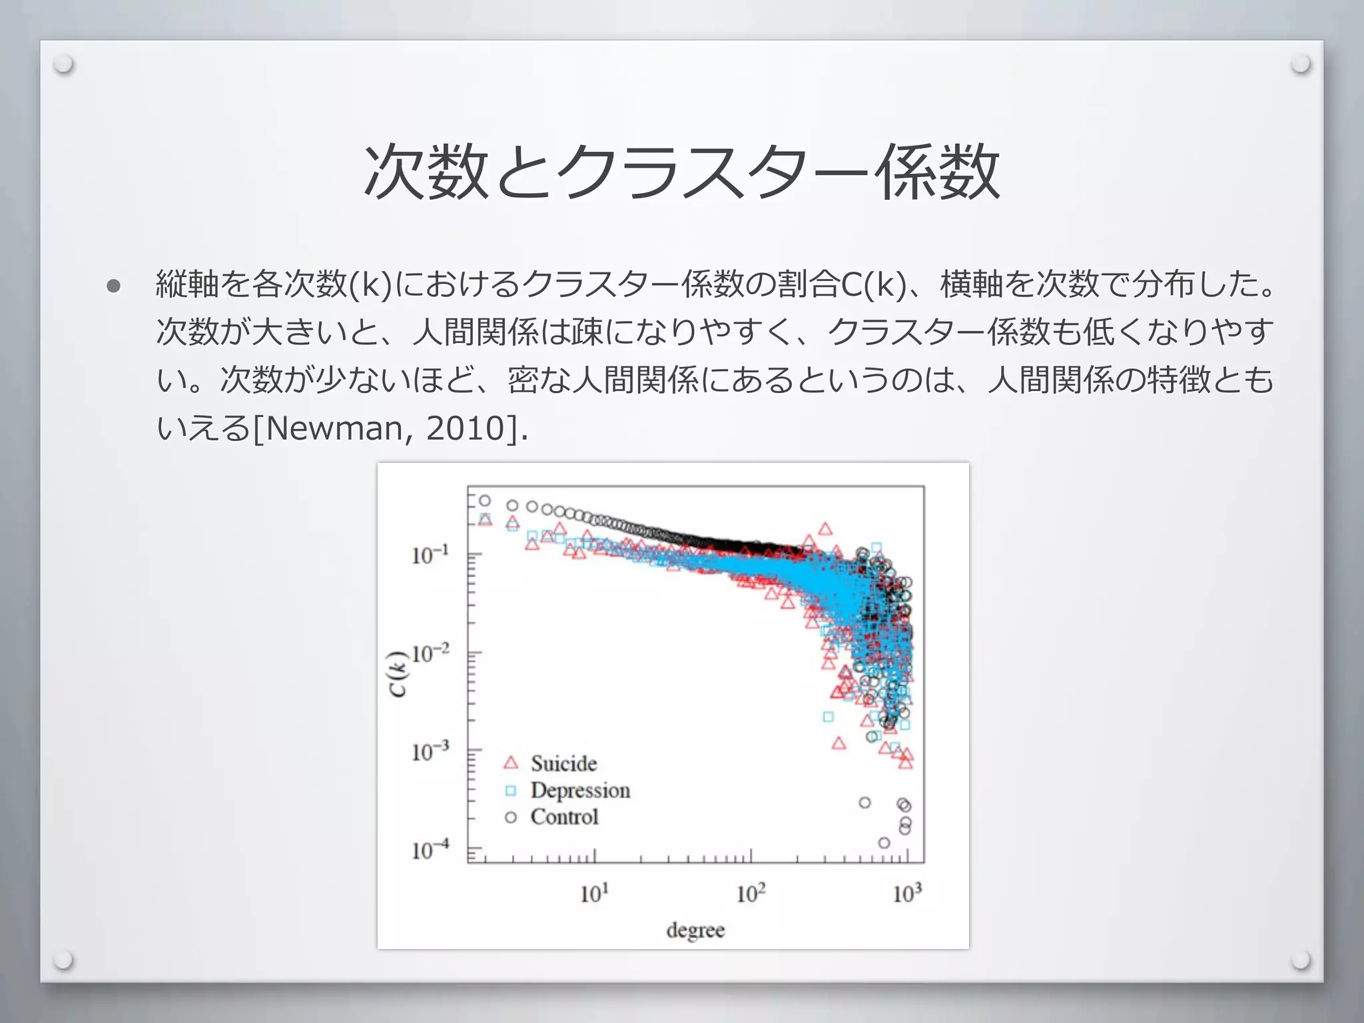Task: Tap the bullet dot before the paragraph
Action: tap(113, 286)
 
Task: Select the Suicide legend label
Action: tap(563, 763)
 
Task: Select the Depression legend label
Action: tap(580, 791)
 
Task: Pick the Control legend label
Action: tap(564, 817)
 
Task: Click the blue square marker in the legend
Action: tap(511, 791)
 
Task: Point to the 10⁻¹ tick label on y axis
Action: tap(430, 554)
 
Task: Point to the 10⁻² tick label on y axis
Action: tap(430, 653)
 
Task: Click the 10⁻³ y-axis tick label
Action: tap(430, 751)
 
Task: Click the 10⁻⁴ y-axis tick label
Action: tap(430, 850)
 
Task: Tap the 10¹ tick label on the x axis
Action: tap(594, 893)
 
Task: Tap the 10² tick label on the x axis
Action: tap(751, 893)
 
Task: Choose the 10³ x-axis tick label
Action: tap(907, 893)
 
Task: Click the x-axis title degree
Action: tap(695, 930)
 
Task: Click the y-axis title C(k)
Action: tap(398, 673)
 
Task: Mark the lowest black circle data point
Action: tap(884, 843)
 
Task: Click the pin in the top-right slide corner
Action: tap(1299, 65)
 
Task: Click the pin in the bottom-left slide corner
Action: tap(64, 960)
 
